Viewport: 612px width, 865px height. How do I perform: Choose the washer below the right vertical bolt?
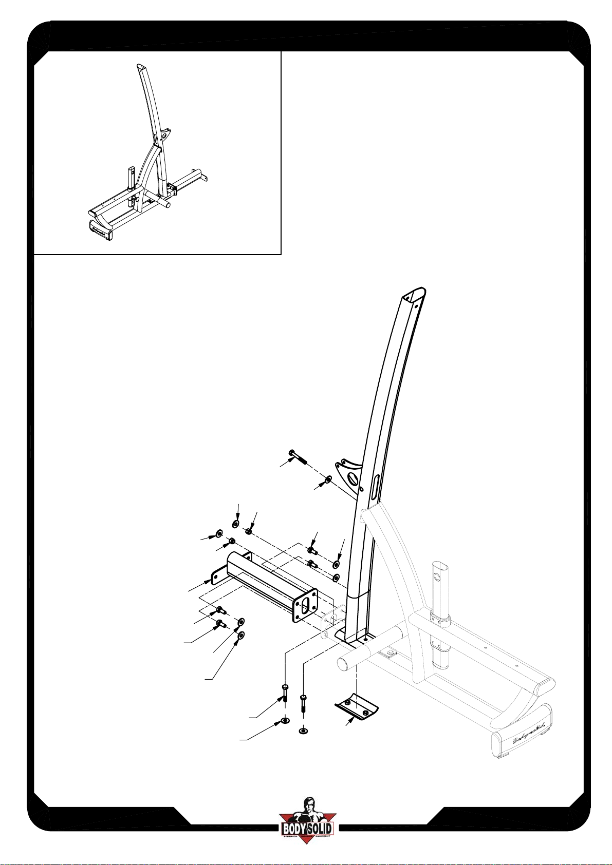coord(303,730)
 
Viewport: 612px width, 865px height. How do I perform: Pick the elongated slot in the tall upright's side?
coord(375,485)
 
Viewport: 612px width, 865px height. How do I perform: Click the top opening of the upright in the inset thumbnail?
coord(140,66)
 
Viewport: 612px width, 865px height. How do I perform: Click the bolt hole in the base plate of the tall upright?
coord(364,640)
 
